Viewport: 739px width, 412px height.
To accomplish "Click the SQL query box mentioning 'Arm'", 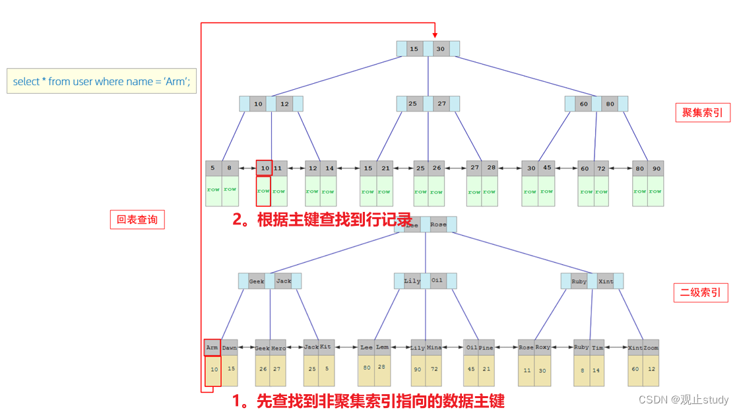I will pyautogui.click(x=102, y=81).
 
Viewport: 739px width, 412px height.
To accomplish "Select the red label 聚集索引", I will pyautogui.click(x=702, y=113).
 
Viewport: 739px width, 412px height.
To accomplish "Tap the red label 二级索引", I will pyautogui.click(x=701, y=292).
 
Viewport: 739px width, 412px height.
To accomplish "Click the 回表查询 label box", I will pyautogui.click(x=137, y=220).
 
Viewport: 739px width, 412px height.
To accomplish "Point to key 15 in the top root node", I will pyautogui.click(x=414, y=49).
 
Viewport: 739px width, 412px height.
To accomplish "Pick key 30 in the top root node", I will pyautogui.click(x=441, y=49).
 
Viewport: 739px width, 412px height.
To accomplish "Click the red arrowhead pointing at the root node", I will pyautogui.click(x=435, y=34).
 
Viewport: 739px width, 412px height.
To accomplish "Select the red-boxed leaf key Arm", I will pyautogui.click(x=212, y=347).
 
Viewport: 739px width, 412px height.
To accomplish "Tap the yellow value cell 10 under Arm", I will pyautogui.click(x=213, y=370).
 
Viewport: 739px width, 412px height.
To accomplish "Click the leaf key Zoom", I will pyautogui.click(x=651, y=347).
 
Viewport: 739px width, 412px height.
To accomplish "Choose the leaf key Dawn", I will pyautogui.click(x=229, y=347).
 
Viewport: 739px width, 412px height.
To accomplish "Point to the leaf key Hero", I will pyautogui.click(x=278, y=348).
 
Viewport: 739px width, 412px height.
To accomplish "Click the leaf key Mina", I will pyautogui.click(x=434, y=347).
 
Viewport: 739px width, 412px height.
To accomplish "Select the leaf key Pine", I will pyautogui.click(x=486, y=347).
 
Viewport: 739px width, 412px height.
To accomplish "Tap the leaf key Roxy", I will pyautogui.click(x=542, y=347).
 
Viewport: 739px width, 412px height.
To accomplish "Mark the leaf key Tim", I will pyautogui.click(x=597, y=347).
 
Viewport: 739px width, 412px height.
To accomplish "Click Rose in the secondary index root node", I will pyautogui.click(x=438, y=224).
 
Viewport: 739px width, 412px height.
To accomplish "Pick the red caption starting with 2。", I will pyautogui.click(x=322, y=220).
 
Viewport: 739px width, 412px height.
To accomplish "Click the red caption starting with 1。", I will pyautogui.click(x=368, y=400).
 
